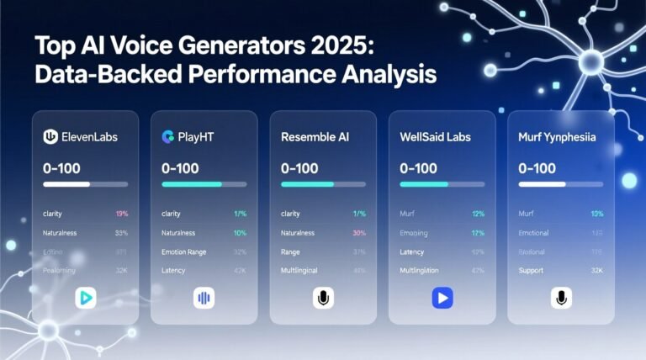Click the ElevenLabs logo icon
[x=49, y=136]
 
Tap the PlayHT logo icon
[x=167, y=136]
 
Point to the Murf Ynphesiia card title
[x=558, y=136]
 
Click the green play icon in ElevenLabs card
[x=85, y=297]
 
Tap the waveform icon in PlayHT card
[x=204, y=297]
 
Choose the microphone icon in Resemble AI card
[x=323, y=297]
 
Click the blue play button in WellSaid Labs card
[x=442, y=297]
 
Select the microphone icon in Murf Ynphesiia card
[x=561, y=297]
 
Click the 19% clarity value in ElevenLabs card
[x=120, y=214]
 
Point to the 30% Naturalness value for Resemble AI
[x=358, y=233]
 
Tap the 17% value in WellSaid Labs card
[x=478, y=233]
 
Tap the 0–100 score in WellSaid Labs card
[x=418, y=168]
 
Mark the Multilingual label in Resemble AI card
[x=299, y=271]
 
